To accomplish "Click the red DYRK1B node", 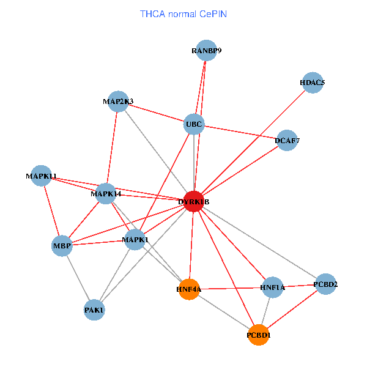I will tap(193, 202).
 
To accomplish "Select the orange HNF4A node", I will tap(190, 289).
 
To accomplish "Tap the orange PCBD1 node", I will tap(259, 335).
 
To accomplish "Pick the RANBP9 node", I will tap(206, 51).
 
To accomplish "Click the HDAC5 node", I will tap(312, 83).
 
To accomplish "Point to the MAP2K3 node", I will tap(118, 102).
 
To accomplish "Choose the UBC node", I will tap(194, 125).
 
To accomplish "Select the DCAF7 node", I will tap(287, 141).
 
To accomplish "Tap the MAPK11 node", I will tap(41, 176).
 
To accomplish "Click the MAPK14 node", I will tap(106, 194).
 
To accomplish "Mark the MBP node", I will tap(62, 247).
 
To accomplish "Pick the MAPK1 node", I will tap(135, 240).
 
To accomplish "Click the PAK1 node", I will tap(94, 310).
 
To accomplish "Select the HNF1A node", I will tap(272, 287).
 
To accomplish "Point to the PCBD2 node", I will tap(325, 284).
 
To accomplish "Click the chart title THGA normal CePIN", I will tap(183, 13).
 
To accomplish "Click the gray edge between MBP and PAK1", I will tap(78, 278).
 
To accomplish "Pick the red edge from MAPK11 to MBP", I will tap(51, 211).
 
